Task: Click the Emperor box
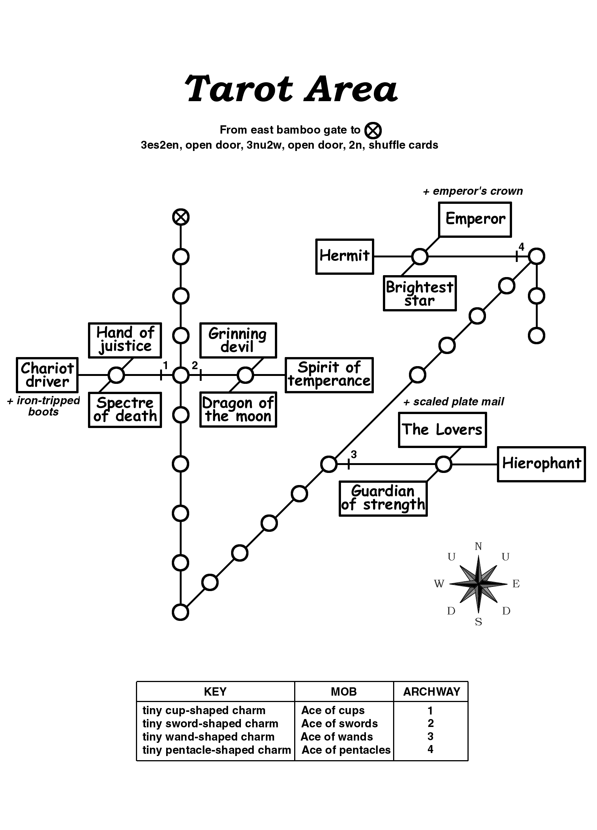coord(475,219)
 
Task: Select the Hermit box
coord(344,256)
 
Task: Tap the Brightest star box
coord(420,293)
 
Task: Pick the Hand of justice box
coord(125,340)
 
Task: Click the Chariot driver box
coord(47,375)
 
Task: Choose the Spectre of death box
coord(125,410)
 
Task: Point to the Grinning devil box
coord(238,340)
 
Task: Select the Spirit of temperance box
coord(329,375)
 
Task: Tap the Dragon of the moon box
coord(238,410)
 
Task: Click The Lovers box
coord(442,430)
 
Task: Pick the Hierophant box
coord(541,464)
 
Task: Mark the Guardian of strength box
coord(383,498)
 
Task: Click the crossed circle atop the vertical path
coord(180,217)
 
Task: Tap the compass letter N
coord(478,546)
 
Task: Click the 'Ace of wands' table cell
coord(336,736)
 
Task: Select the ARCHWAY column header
coord(431,691)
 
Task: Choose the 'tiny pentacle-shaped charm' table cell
coord(216,750)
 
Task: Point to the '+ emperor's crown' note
coord(473,191)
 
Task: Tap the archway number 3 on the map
coord(353,454)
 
